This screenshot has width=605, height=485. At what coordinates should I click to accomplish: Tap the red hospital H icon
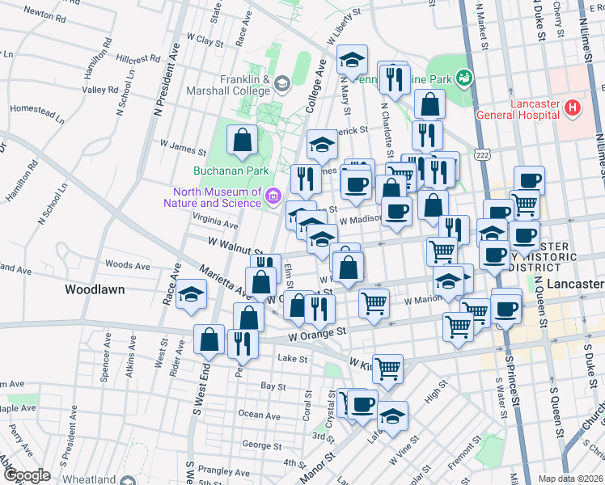[573, 107]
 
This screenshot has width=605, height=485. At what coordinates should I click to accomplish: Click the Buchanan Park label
[219, 171]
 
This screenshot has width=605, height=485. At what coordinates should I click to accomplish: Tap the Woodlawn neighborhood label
[93, 288]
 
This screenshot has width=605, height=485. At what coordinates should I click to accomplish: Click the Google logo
[27, 475]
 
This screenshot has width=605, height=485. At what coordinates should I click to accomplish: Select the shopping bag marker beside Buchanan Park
[243, 141]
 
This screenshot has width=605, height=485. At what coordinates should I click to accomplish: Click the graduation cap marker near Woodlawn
[192, 296]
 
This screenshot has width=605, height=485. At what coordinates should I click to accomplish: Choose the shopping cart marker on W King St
[388, 368]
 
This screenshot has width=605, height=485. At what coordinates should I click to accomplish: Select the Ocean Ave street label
[259, 415]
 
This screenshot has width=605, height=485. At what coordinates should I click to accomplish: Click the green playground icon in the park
[463, 78]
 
